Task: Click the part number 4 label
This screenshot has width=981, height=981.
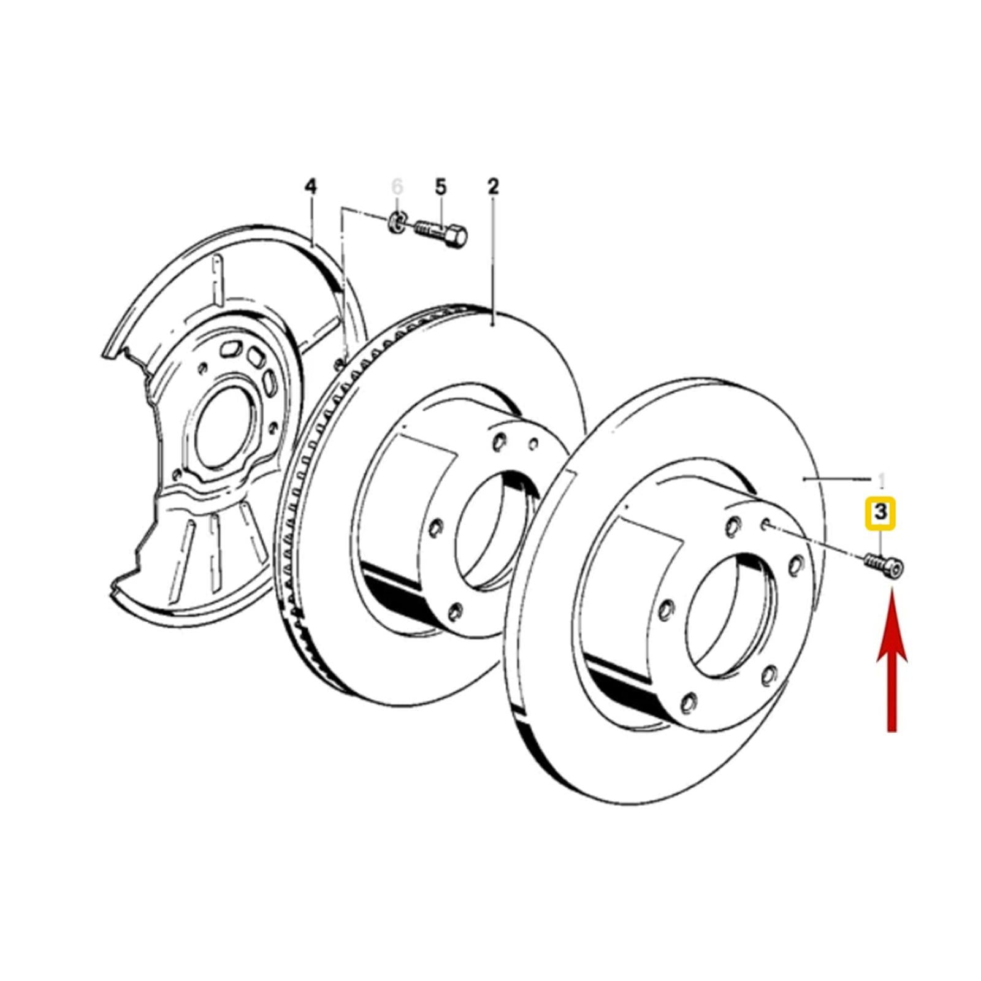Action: click(311, 186)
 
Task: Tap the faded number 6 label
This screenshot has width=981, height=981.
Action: click(398, 186)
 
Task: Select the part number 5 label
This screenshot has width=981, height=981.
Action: click(441, 186)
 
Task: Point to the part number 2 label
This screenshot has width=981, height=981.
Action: click(494, 186)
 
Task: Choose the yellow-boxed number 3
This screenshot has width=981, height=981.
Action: click(881, 512)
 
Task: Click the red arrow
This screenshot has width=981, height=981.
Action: click(892, 659)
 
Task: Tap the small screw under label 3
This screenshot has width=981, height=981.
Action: click(884, 564)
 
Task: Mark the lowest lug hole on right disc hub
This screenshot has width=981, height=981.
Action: click(689, 703)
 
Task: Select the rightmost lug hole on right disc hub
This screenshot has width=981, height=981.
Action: click(796, 565)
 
